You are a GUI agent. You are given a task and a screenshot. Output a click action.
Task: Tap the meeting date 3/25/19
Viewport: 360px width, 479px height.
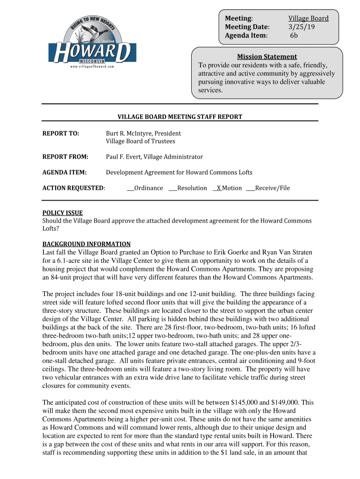301,27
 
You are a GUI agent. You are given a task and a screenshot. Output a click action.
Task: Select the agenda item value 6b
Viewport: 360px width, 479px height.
294,35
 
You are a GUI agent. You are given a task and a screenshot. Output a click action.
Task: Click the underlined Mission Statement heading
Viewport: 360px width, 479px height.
266,57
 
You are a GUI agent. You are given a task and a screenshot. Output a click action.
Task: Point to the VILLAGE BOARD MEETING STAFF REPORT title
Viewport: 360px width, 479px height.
180,117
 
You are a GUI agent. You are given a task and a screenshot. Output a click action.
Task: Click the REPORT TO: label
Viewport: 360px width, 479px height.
61,133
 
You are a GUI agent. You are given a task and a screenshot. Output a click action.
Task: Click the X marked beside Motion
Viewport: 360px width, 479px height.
218,188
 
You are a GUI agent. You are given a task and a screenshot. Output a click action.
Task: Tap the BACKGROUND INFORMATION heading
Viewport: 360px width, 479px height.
86,244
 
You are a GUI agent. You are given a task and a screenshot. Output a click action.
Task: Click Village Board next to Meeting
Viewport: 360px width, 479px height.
308,18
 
